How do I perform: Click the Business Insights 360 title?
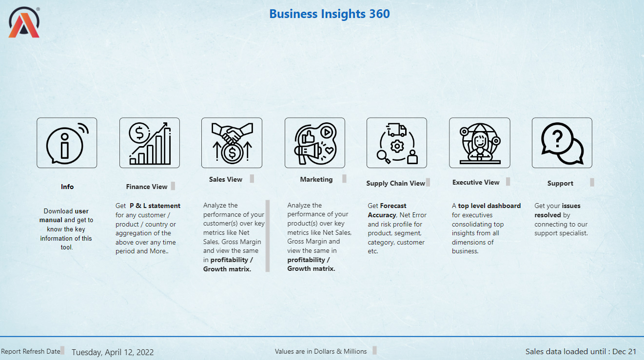coord(330,14)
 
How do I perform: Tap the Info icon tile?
coord(67,143)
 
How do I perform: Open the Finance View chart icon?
coord(150,143)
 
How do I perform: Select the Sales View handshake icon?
coord(232,143)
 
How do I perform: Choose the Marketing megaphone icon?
coord(315,143)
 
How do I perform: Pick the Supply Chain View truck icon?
coord(397,143)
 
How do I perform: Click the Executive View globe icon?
coord(480,143)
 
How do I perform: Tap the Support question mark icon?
coord(562,143)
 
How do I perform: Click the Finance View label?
coord(147,187)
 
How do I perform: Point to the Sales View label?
coord(226,179)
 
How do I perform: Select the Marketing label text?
coord(316,180)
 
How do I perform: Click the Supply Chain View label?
coord(395,183)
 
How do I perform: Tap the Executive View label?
coord(476,183)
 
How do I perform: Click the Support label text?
coord(560,183)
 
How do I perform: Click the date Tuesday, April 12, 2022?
coord(113,352)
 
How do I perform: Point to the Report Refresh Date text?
coord(31,351)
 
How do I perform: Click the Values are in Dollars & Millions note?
coord(321,351)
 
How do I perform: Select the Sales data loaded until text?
coord(581,352)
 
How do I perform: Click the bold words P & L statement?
coord(155,206)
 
